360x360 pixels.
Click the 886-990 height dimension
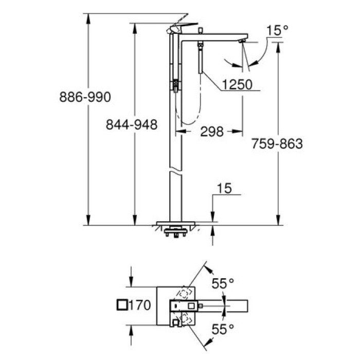pos(85,96)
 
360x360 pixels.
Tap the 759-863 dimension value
pos(277,144)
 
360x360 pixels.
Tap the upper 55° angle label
pos(223,282)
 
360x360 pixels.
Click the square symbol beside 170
pos(122,305)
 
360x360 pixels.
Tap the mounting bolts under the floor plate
pos(175,236)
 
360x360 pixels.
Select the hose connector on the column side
pos(176,85)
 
